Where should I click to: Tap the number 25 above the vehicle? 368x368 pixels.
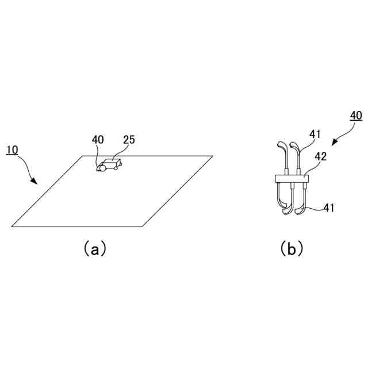(128, 139)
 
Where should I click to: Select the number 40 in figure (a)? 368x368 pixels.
(98, 139)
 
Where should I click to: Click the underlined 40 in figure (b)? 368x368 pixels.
(356, 115)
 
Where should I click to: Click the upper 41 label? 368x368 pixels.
(315, 134)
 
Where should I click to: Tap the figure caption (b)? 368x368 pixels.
(292, 248)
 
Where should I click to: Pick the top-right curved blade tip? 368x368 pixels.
(295, 143)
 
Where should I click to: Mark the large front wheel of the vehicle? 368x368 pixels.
(103, 168)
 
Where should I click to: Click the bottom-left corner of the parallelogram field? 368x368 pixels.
(12, 226)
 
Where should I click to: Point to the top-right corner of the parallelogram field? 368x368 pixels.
(212, 156)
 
